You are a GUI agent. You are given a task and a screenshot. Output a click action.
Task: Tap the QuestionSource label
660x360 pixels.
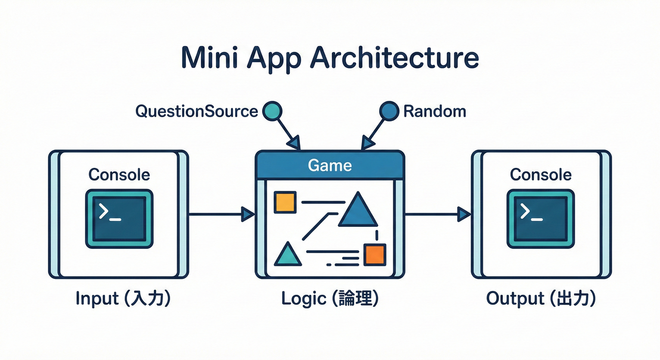[x=196, y=111]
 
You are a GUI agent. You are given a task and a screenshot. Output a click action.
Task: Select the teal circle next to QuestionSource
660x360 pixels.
[x=272, y=111]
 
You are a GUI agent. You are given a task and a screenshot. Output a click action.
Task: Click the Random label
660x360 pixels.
[x=435, y=111]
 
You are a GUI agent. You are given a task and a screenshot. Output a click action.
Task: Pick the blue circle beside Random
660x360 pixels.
[x=388, y=111]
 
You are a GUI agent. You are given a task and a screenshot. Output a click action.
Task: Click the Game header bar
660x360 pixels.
[x=330, y=165]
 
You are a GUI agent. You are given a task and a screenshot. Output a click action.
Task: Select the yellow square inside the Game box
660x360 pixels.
[x=285, y=202]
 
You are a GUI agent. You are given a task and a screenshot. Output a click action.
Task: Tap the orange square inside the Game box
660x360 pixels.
[x=375, y=255]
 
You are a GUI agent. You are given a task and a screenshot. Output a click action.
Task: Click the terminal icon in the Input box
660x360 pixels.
[x=119, y=218]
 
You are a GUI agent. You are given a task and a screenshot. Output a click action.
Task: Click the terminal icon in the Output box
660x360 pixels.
[x=540, y=218]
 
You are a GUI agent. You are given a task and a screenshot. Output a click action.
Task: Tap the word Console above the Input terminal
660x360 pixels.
[x=119, y=175]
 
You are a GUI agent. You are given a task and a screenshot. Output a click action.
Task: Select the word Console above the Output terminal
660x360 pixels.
[x=540, y=175]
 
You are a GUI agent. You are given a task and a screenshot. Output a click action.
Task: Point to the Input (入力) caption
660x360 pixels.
[x=123, y=299]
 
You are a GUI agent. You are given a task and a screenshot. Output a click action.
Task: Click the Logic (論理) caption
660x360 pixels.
[x=330, y=299]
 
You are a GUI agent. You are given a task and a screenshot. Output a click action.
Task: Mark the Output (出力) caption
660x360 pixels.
[x=540, y=299]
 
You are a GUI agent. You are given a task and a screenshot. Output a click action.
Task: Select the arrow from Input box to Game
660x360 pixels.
[x=220, y=215]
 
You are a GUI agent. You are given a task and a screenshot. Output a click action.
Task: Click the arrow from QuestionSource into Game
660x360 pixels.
[x=287, y=132]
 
